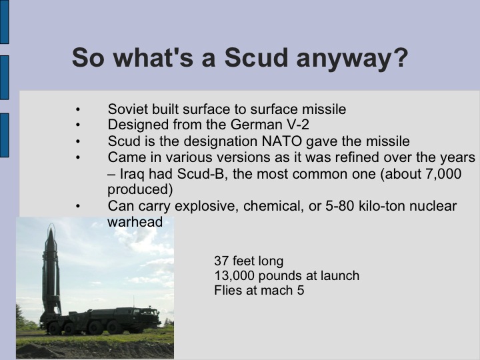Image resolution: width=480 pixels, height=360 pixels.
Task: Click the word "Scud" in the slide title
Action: [x=256, y=58]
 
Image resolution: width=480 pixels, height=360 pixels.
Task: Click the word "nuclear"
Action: [x=433, y=206]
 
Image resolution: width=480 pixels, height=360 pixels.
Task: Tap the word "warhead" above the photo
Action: [x=135, y=222]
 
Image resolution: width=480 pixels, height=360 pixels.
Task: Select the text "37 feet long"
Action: [x=249, y=261]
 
